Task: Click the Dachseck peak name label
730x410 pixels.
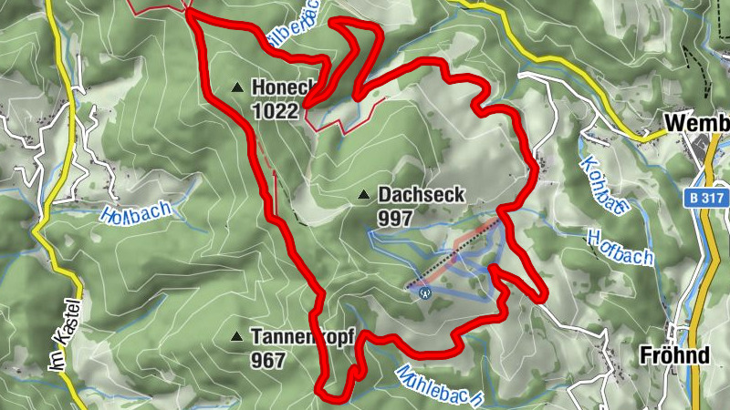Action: point(422,194)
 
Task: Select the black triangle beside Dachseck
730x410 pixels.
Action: point(364,194)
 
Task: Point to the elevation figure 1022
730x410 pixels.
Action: point(275,111)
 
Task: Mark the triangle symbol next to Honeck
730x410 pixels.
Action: point(237,87)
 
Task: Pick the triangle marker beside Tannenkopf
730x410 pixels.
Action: point(237,336)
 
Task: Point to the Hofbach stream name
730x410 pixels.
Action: point(620,246)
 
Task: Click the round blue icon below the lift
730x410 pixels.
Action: point(424,292)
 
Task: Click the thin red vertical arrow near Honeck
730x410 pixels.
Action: point(276,187)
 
